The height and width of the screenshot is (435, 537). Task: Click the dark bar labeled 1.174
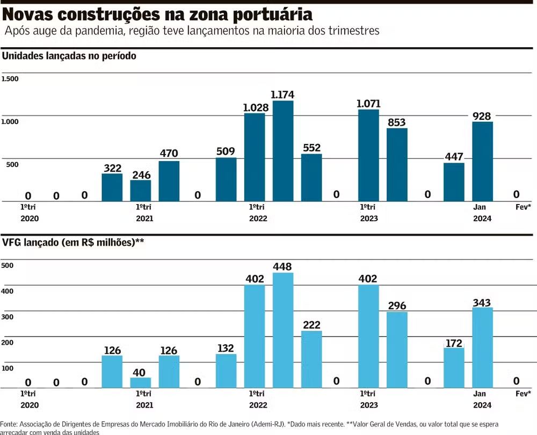point(283,151)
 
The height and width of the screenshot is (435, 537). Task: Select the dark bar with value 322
point(112,187)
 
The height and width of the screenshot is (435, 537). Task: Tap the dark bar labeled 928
point(482,162)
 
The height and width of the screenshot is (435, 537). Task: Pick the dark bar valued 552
point(311,178)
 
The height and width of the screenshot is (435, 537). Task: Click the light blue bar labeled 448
point(283,330)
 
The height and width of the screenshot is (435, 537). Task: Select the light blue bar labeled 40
point(141,382)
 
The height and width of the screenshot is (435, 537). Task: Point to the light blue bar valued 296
point(397,350)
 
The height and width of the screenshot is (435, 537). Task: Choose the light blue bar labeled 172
point(454,368)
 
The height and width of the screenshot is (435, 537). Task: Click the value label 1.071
point(368,103)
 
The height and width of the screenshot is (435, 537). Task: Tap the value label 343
point(482,302)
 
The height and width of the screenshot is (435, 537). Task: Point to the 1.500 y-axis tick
point(10,79)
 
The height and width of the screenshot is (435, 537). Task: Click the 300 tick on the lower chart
point(8,317)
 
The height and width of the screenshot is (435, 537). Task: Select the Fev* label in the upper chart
point(523,207)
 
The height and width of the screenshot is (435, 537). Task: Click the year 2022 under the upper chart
point(258,219)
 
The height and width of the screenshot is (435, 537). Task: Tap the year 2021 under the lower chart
point(144,405)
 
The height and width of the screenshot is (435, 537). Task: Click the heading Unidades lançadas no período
point(69,55)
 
